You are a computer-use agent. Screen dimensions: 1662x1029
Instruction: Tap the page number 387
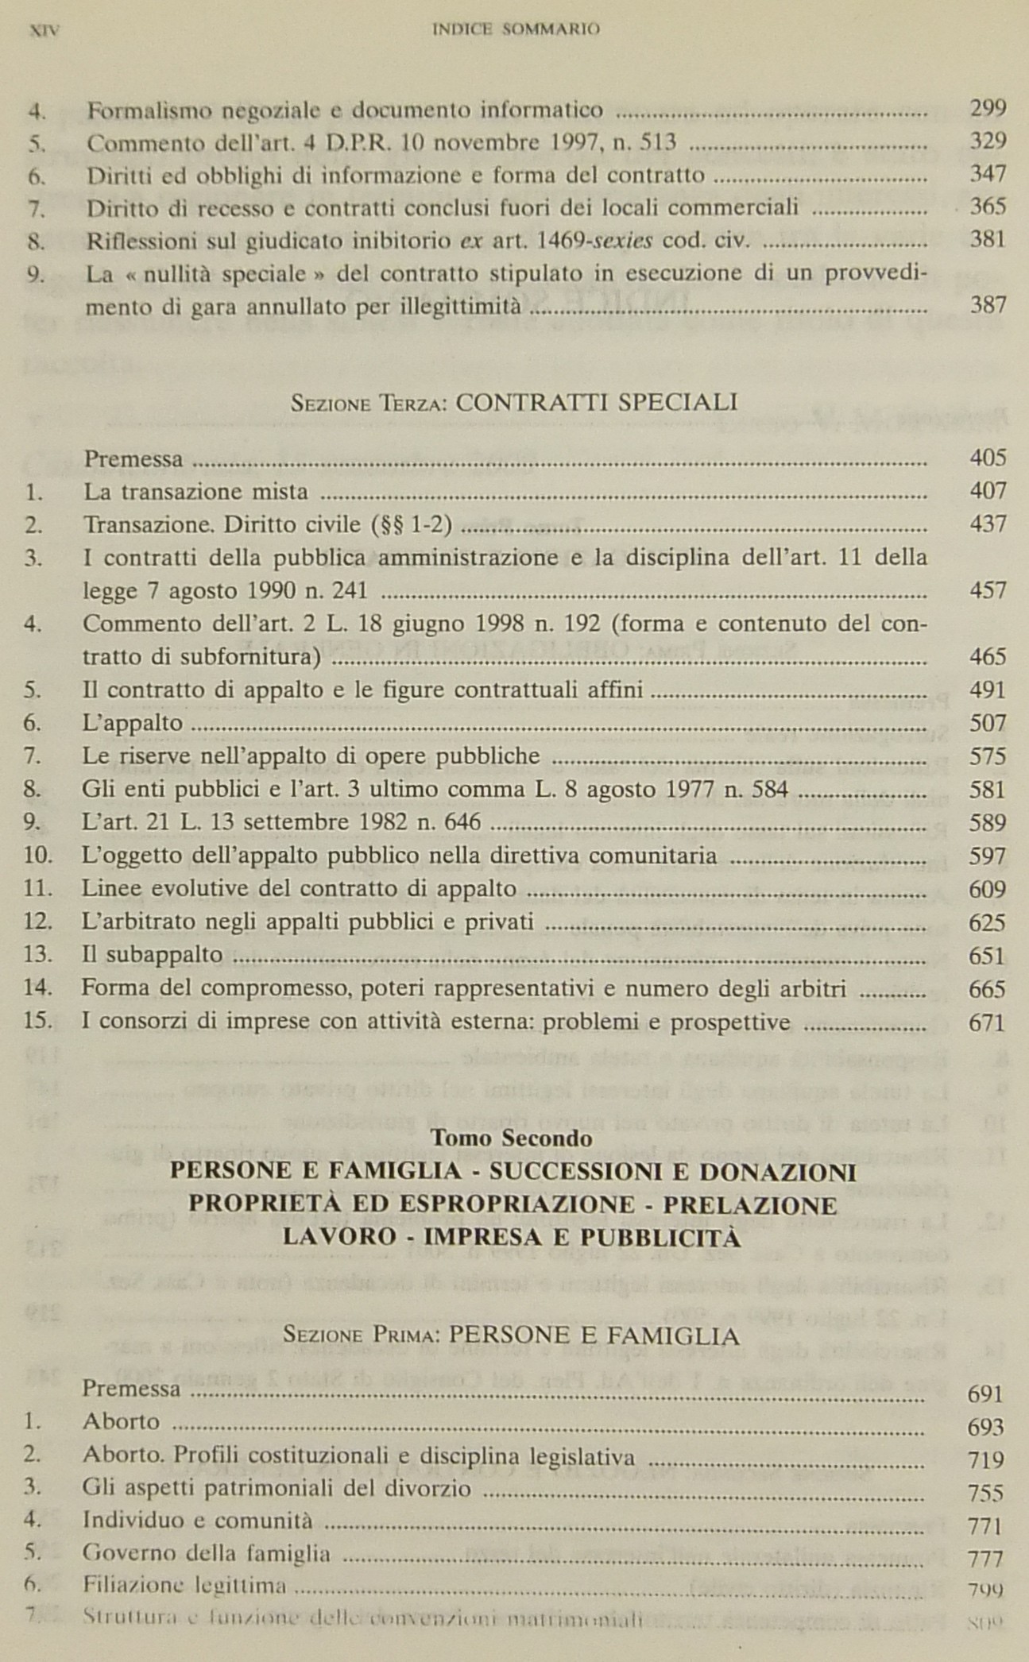tap(988, 305)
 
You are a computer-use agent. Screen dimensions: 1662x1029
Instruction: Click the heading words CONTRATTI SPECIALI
tap(597, 402)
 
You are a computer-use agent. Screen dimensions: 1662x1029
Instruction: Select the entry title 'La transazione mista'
tap(196, 492)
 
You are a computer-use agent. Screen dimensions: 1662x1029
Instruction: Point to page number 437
tap(988, 524)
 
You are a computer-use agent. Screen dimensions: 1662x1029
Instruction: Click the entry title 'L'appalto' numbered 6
tap(133, 723)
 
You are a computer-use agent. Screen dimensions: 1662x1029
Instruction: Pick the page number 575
tap(988, 756)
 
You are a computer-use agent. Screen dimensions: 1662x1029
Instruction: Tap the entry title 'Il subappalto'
tap(153, 955)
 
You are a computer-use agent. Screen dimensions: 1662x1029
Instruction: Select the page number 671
tap(988, 1022)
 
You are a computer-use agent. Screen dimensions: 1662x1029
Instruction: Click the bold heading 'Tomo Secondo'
tap(511, 1138)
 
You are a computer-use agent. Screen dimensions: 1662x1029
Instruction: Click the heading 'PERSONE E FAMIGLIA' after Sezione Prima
tap(594, 1336)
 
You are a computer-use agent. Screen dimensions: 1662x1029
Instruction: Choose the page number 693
tap(985, 1428)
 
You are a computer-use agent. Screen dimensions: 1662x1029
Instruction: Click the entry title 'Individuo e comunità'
tap(198, 1521)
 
